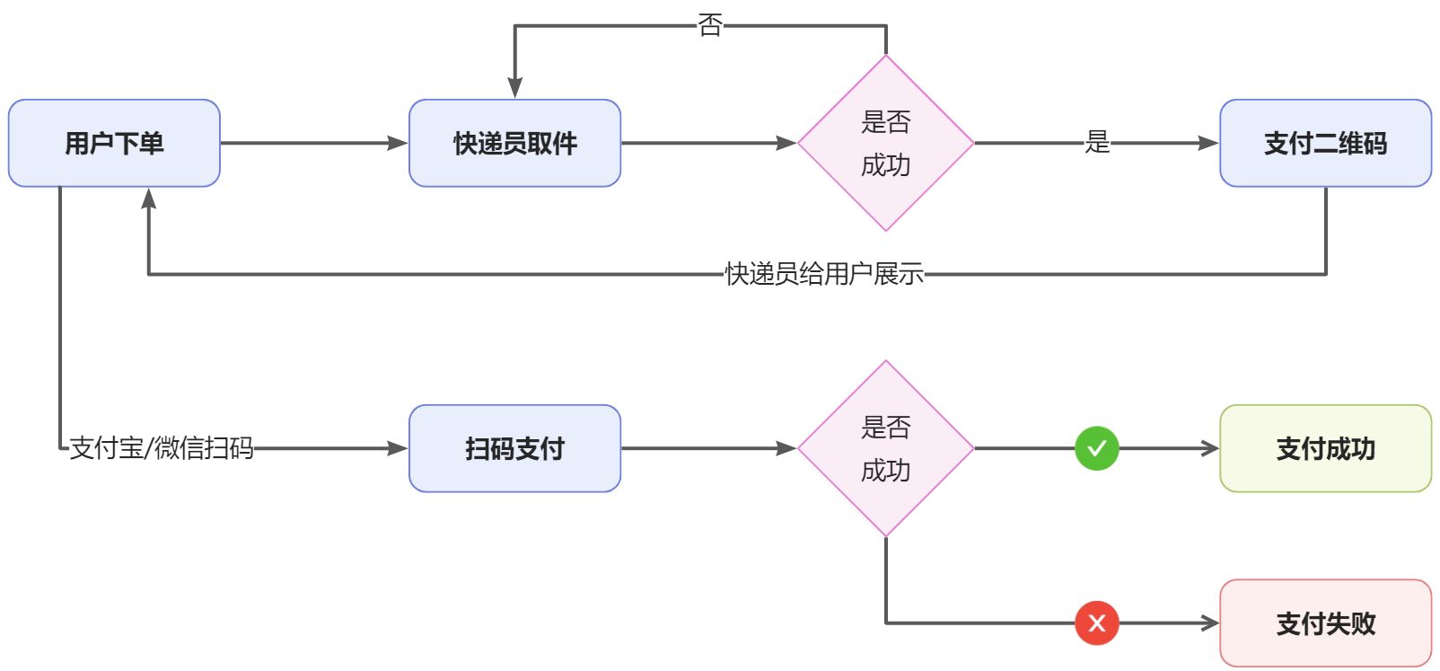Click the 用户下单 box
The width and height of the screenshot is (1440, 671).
(x=114, y=143)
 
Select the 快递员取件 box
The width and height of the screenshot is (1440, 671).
(x=515, y=143)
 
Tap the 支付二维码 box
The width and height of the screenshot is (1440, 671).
(x=1326, y=143)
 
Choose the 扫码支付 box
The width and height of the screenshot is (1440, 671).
(x=515, y=448)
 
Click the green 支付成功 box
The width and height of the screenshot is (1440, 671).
(x=1326, y=448)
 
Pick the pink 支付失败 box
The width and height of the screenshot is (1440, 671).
(x=1326, y=622)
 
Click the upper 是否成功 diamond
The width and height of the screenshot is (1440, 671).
(x=886, y=143)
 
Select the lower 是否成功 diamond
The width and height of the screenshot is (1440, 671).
(x=886, y=448)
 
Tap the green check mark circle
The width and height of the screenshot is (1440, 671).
(x=1097, y=448)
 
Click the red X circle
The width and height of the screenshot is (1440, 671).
(x=1097, y=622)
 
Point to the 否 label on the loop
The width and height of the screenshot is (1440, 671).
(x=710, y=26)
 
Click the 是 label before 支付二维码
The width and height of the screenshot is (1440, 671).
(x=1097, y=142)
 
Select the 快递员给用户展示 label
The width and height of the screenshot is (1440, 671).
(x=824, y=274)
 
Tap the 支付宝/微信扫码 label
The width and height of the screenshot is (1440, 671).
(x=162, y=448)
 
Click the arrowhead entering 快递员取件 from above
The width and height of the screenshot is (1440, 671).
(x=515, y=87)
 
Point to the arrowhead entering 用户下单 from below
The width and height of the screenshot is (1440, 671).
(x=148, y=199)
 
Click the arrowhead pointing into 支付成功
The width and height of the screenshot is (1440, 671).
(x=1210, y=448)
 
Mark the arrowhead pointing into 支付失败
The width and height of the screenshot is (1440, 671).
(x=1210, y=622)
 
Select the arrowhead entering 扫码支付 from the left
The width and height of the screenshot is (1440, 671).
(x=398, y=448)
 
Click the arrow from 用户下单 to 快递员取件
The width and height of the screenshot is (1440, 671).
(x=314, y=143)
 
